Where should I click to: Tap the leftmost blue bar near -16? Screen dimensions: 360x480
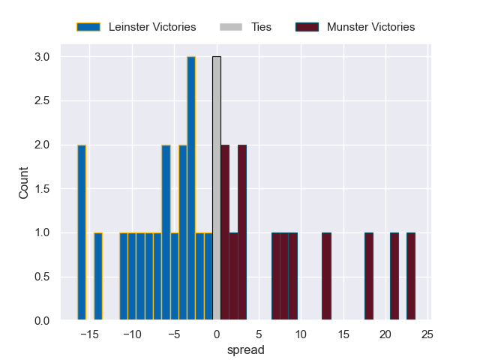82,232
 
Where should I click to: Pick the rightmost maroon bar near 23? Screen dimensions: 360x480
411,277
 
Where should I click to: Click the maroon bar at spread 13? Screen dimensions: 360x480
326,277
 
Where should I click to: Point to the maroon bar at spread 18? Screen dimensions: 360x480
369,277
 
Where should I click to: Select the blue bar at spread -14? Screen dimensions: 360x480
98,277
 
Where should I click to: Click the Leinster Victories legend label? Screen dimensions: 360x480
152,27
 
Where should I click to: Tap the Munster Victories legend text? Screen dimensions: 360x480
370,27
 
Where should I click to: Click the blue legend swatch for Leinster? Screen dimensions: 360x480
88,27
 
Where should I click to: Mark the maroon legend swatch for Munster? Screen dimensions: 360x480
307,27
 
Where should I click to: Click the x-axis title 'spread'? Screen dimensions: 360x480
245,349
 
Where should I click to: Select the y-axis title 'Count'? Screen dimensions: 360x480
24,183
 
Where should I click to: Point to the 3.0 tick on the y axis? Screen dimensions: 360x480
41,57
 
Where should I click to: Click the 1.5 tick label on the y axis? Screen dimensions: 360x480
41,189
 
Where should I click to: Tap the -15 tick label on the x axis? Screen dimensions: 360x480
89,334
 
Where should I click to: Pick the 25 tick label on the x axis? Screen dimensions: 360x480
427,334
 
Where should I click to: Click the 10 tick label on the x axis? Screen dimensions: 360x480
301,334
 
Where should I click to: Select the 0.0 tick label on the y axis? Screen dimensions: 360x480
41,321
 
